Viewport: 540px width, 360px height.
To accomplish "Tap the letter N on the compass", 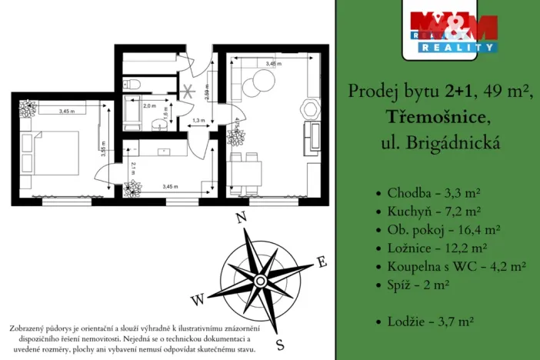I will pyautogui.click(x=240, y=218).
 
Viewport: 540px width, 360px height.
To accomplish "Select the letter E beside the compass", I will pyautogui.click(x=322, y=263).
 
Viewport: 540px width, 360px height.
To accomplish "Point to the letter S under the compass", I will pyautogui.click(x=281, y=344).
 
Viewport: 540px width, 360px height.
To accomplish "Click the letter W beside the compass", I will pyautogui.click(x=198, y=298).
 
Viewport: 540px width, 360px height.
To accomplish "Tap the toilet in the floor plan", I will pyautogui.click(x=133, y=82).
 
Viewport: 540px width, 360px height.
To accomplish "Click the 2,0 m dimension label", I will pyautogui.click(x=149, y=105).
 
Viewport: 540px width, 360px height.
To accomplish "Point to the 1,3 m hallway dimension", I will pyautogui.click(x=198, y=121).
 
